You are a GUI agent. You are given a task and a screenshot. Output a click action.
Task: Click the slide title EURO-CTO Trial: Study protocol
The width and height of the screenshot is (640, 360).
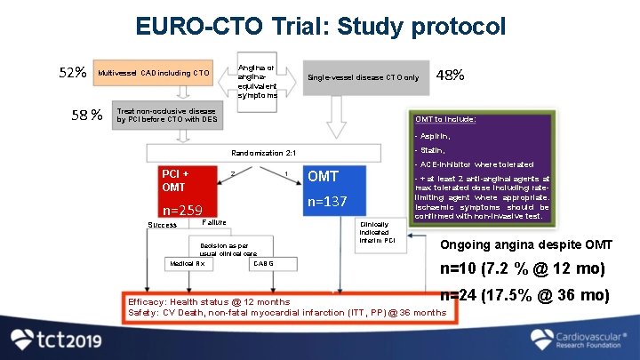tap(320, 24)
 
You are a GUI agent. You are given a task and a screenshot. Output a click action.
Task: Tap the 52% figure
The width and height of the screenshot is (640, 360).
tap(73, 72)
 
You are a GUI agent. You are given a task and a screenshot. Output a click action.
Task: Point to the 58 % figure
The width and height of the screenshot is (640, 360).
tap(86, 114)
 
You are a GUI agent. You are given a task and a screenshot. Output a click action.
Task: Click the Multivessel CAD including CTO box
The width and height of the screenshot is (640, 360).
tap(154, 73)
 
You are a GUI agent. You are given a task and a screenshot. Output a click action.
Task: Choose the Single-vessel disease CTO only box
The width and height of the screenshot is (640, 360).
tap(363, 77)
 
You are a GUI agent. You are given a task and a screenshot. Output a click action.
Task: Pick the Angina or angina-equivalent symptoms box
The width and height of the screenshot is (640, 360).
tap(257, 81)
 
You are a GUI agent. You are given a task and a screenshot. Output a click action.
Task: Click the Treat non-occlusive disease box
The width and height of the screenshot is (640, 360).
tap(166, 116)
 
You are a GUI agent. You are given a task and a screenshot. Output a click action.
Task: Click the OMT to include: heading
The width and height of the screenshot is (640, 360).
tap(445, 119)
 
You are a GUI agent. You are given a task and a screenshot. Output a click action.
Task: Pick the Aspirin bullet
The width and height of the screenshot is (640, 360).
tap(433, 137)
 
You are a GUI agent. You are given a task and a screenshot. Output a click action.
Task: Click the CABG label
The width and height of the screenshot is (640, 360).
tap(263, 264)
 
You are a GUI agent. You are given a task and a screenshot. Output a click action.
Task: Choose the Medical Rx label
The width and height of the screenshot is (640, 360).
tap(188, 264)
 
